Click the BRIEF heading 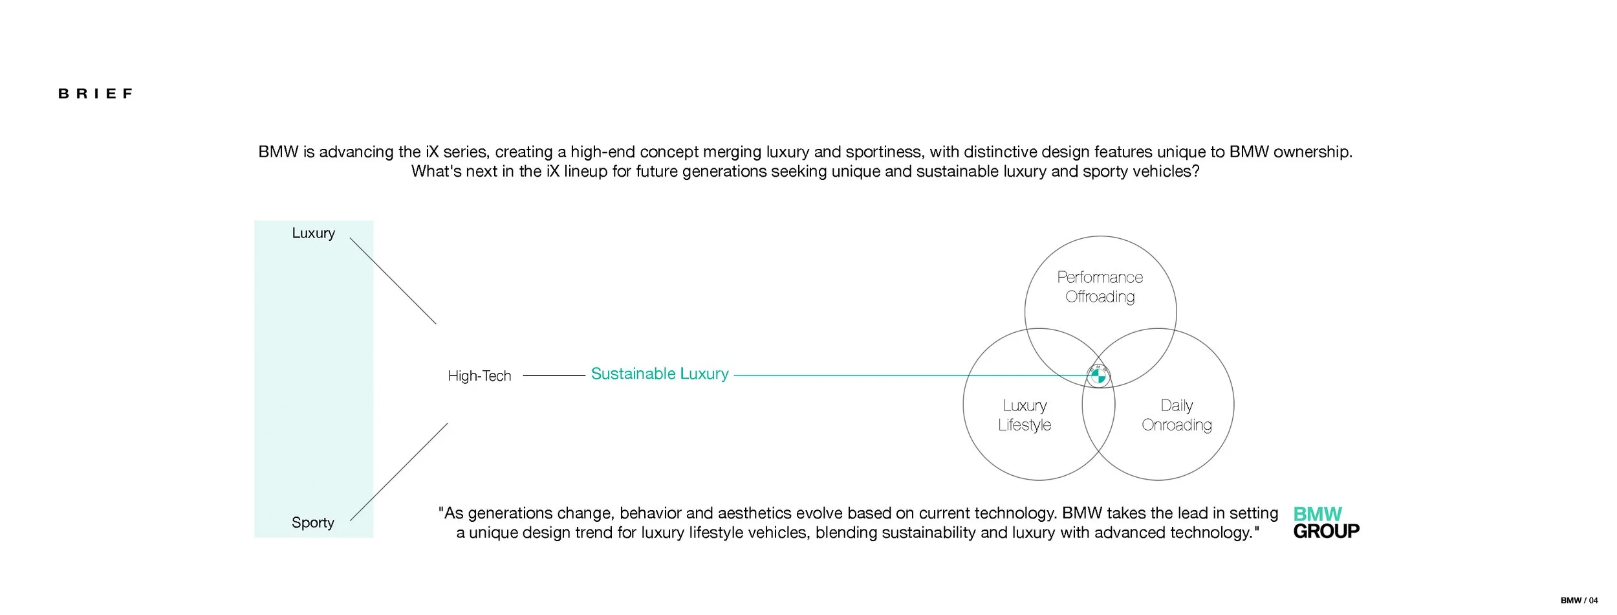(96, 94)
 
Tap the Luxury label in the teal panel (313, 233)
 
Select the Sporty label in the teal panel (312, 522)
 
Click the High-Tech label (479, 376)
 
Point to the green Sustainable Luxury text (660, 374)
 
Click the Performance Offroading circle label (1100, 287)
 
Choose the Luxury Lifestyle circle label (1025, 415)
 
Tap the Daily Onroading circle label (1177, 415)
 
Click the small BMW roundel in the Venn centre (1098, 375)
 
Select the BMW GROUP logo (1325, 522)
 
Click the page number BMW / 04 (1579, 600)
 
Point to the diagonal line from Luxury (393, 281)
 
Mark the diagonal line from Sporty (398, 472)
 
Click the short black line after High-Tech (554, 375)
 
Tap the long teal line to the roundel (906, 375)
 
